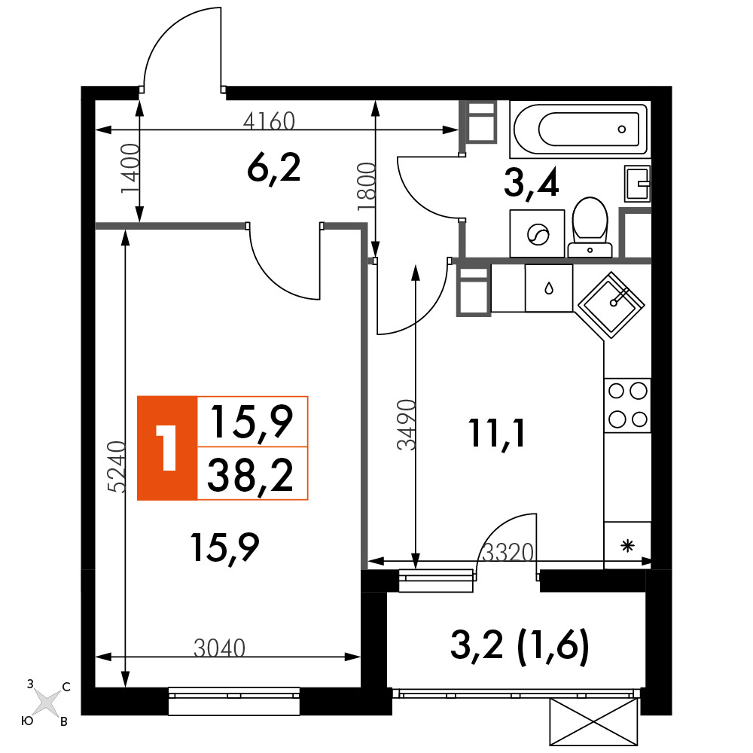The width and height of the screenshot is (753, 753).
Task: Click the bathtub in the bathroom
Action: pyautogui.click(x=580, y=130)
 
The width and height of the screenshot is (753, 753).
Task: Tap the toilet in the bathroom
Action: pyautogui.click(x=590, y=227)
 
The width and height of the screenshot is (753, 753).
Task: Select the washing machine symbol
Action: pyautogui.click(x=538, y=234)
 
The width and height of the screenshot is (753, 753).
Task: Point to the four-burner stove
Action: pyautogui.click(x=628, y=405)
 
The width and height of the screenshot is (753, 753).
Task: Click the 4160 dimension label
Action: pyautogui.click(x=269, y=121)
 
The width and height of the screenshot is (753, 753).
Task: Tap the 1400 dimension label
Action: pyautogui.click(x=130, y=168)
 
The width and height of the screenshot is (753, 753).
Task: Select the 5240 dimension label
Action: pyautogui.click(x=117, y=467)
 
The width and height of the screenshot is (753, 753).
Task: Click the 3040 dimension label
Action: pyautogui.click(x=219, y=648)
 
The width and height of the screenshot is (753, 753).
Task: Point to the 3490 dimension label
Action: pyautogui.click(x=406, y=425)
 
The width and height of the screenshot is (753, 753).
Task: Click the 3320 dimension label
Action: pyautogui.click(x=508, y=553)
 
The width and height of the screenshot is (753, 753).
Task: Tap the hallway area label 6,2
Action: pyautogui.click(x=274, y=169)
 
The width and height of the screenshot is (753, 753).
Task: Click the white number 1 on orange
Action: pyautogui.click(x=166, y=447)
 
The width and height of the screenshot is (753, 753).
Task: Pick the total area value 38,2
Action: pyautogui.click(x=251, y=474)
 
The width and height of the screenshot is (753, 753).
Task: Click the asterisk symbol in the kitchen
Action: pyautogui.click(x=628, y=546)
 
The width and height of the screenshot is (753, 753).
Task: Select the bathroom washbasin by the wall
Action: pyautogui.click(x=637, y=184)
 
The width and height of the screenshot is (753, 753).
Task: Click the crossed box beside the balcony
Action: pyautogui.click(x=593, y=722)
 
